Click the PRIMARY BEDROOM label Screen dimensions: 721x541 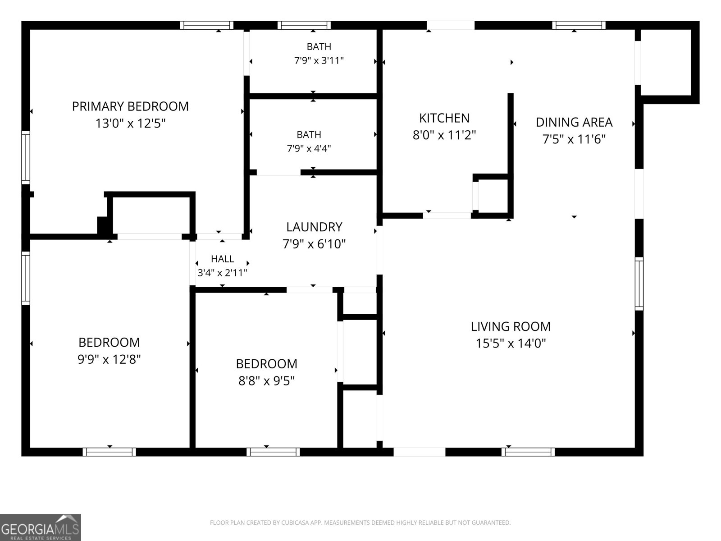pos(130,106)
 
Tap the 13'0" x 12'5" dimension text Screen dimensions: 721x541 pos(130,124)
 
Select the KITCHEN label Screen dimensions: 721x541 pos(444,118)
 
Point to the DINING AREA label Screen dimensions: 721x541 pos(574,122)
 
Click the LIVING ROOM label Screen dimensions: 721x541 pos(511,326)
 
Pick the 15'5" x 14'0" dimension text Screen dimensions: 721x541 pos(511,344)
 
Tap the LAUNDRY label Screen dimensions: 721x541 pos(314,227)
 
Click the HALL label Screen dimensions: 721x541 pos(222,259)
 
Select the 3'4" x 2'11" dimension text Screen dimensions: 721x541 pos(222,273)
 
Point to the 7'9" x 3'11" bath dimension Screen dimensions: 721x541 pos(319,60)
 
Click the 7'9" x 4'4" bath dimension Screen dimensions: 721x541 pos(309,148)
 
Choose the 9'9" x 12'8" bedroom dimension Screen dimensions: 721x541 pos(109,359)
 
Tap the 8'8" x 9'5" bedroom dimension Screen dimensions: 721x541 pos(266,381)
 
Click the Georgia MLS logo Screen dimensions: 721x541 pos(41,527)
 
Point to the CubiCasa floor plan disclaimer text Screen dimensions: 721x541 pos(360,523)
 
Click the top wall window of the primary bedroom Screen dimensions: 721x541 pos(206,25)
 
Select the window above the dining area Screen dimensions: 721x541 pos(579,25)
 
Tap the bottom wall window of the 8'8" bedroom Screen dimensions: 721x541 pos(273,452)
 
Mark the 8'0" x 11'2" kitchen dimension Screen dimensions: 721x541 pos(444,135)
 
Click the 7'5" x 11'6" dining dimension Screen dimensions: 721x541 pos(574,139)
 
